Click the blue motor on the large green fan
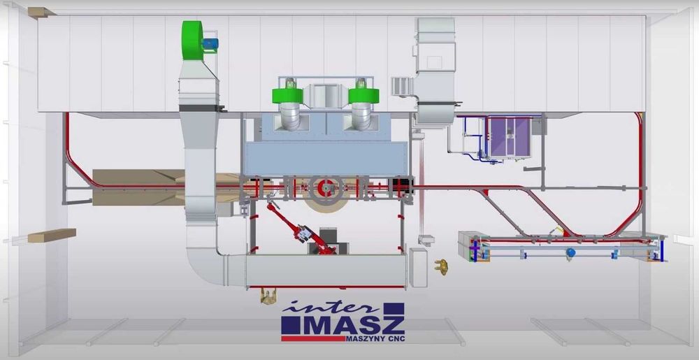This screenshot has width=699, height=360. [210, 43]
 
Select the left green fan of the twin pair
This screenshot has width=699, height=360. [287, 94]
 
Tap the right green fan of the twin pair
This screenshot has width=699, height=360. [363, 94]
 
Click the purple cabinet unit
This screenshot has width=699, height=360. [510, 137]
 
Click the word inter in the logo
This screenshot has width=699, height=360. [330, 308]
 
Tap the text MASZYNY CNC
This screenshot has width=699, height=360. [375, 339]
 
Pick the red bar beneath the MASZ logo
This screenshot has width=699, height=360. [313, 338]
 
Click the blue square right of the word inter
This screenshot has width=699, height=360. [394, 309]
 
